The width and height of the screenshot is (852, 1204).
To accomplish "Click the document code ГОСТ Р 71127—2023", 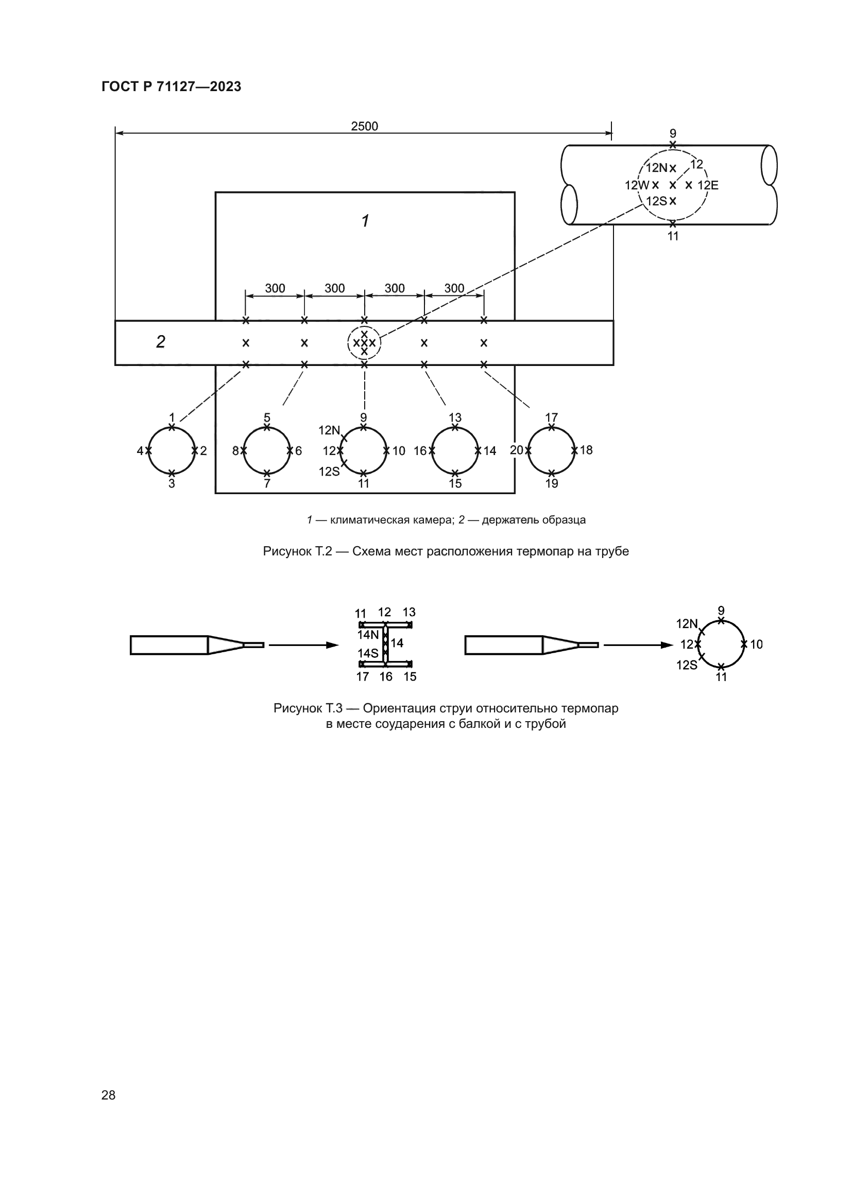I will (171, 86).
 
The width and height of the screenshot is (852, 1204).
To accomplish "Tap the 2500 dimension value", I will (364, 127).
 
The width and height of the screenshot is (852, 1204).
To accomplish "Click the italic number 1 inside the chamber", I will (365, 221).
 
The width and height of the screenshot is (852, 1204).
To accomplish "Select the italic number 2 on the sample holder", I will (161, 342).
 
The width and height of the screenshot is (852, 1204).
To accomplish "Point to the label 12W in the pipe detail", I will (637, 185).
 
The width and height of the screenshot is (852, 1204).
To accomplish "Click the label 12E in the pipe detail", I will (708, 185).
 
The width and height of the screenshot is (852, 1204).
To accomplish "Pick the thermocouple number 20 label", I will (516, 450).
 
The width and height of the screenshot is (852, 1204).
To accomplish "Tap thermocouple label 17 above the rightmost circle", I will (551, 417).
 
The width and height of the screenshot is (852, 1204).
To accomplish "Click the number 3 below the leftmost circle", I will (172, 483).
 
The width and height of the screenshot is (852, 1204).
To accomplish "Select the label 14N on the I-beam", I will (368, 635).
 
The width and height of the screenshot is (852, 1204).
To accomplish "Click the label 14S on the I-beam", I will (368, 653).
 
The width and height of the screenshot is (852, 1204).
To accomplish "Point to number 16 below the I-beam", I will (386, 677).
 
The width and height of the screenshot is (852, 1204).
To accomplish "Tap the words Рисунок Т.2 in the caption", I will (297, 551).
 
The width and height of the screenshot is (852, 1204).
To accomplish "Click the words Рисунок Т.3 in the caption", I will (308, 708).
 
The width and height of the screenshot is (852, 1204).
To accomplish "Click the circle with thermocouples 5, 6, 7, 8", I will (267, 450).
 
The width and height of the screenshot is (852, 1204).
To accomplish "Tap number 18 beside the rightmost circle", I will (586, 450).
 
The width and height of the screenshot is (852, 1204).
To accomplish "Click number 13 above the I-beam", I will (409, 612).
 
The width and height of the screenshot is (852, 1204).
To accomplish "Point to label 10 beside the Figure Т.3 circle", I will (757, 644).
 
